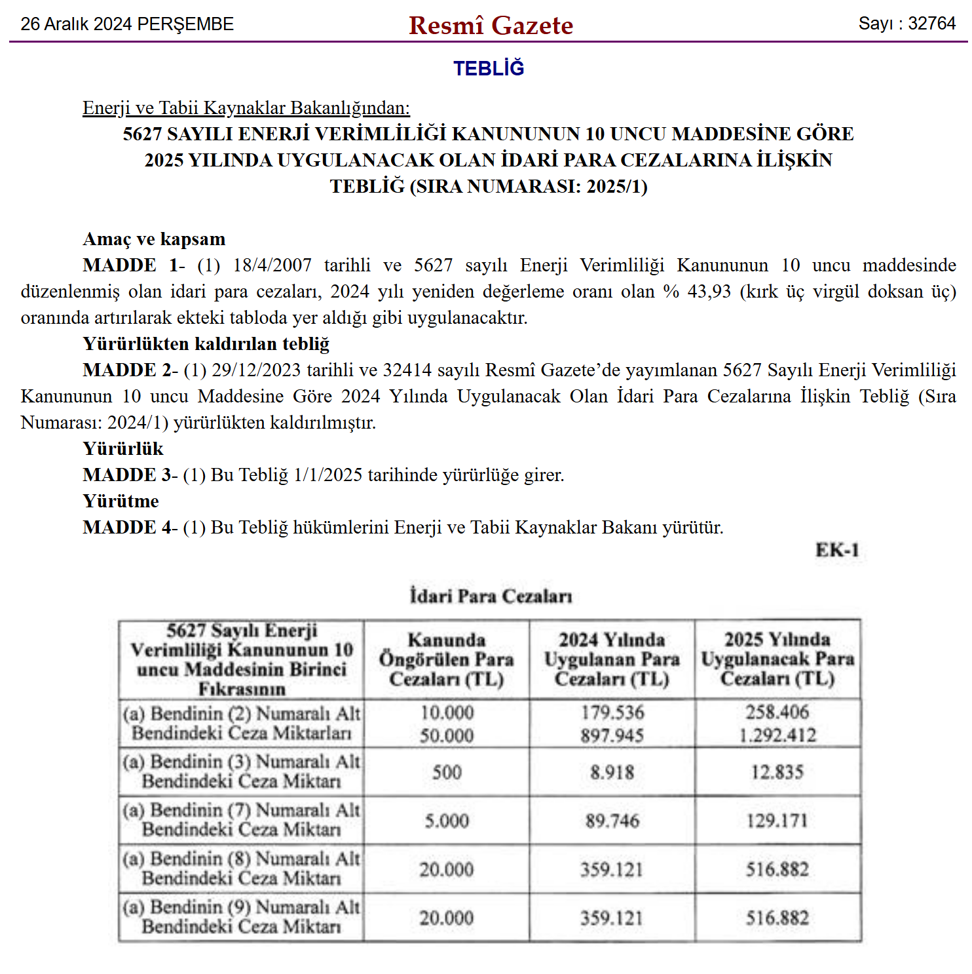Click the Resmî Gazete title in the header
point(491,25)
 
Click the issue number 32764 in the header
point(931,24)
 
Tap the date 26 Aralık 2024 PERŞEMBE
point(127,24)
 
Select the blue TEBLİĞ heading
point(489,68)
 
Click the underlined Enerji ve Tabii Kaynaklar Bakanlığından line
point(246,107)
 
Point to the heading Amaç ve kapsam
point(154,239)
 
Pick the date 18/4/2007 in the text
point(272,265)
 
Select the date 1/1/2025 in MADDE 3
point(327,475)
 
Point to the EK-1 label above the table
point(836,550)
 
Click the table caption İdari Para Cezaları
point(491,596)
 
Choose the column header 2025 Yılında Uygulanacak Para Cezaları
point(777,658)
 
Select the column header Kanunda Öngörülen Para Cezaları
point(446,659)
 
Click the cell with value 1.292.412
point(777,735)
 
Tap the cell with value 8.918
point(612,772)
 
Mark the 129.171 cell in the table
point(777,821)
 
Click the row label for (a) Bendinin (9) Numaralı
point(241,917)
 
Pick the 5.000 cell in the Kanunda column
point(446,821)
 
